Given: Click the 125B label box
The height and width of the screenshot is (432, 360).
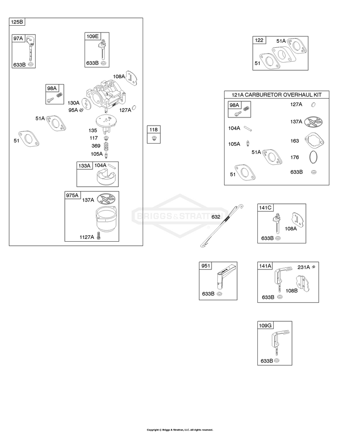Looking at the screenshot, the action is tap(17, 22).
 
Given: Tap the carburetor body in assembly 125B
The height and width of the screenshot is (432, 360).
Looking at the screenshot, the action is tap(106, 94).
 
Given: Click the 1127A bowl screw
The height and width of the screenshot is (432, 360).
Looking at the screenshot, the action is tap(99, 236).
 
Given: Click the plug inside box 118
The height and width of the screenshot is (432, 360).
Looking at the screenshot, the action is tap(154, 138).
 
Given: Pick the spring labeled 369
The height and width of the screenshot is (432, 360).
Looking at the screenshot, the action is tap(106, 146).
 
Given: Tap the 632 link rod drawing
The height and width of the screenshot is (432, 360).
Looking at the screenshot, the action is tap(221, 226).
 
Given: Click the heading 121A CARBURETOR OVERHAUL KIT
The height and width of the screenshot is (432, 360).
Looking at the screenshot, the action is tap(277, 95).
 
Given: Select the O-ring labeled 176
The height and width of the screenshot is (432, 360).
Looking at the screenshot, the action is tap(313, 157).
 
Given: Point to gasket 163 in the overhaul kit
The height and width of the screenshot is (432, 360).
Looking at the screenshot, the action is tap(314, 141).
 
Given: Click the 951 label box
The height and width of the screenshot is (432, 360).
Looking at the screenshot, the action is tap(206, 265).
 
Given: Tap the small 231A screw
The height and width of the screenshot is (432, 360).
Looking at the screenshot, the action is tap(314, 267).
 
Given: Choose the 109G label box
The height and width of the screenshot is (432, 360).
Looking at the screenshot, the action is tap(265, 325).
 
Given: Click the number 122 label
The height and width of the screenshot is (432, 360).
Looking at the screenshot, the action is tap(259, 40).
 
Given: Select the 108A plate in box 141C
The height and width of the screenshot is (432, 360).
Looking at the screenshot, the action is tap(297, 220).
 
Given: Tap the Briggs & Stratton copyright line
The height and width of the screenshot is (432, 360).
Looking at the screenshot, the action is tap(180, 429).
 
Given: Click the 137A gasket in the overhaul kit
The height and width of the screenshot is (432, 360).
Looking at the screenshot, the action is tap(314, 121).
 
